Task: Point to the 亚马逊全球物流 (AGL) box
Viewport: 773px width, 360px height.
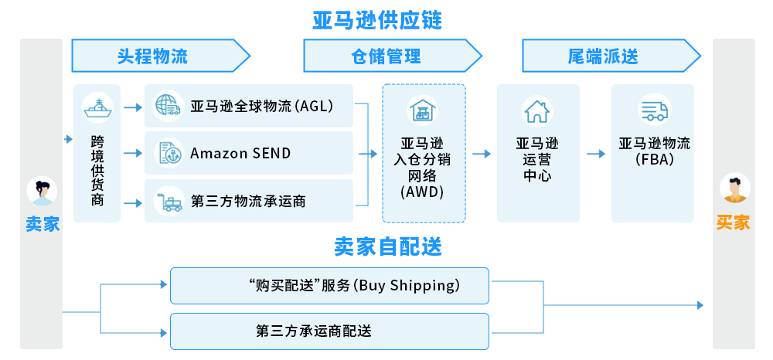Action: click(249, 106)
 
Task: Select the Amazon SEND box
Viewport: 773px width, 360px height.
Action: click(249, 153)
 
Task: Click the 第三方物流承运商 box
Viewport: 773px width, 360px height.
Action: click(249, 201)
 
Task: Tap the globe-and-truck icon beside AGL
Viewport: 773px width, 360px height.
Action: click(167, 106)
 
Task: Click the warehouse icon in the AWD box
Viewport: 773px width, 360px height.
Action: click(423, 110)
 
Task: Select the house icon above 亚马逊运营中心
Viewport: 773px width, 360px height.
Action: click(536, 111)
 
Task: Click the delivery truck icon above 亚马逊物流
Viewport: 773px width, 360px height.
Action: click(652, 111)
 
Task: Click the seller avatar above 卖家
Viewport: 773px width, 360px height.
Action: click(42, 192)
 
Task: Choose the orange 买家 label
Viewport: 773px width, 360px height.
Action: click(733, 223)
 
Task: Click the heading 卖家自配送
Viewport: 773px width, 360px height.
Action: click(388, 246)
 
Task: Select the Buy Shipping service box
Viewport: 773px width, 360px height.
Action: click(329, 286)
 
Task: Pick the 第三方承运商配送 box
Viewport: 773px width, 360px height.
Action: click(329, 331)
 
